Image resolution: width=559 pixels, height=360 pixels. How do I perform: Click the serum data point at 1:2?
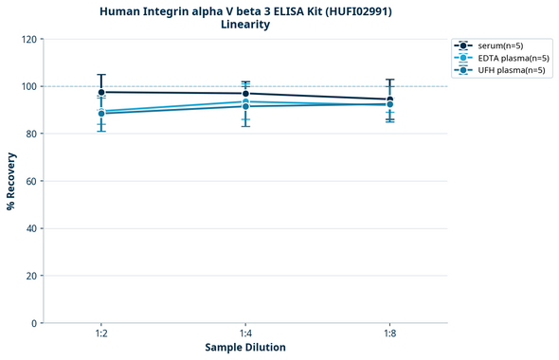[x=101, y=92]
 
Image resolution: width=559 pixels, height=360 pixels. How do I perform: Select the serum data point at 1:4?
[x=245, y=93]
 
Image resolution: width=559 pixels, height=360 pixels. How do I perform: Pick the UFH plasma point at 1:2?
[x=101, y=114]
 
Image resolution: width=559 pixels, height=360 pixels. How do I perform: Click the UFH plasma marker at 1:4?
[x=245, y=106]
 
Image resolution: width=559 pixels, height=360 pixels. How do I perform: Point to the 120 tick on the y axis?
[x=28, y=39]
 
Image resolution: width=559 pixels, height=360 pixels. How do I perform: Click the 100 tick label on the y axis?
[x=28, y=86]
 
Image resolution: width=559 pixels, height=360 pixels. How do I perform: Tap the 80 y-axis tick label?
[x=31, y=134]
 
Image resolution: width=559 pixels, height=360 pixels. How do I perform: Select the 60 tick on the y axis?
[x=31, y=181]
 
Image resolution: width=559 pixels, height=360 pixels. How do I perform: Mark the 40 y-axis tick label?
[x=31, y=228]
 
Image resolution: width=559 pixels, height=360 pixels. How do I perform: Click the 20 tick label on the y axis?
[x=31, y=276]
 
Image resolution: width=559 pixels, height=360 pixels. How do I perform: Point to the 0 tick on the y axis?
[x=34, y=323]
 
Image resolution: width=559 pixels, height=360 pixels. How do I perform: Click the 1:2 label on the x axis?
[x=101, y=334]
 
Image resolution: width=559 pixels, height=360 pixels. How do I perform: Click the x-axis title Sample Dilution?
[x=245, y=348]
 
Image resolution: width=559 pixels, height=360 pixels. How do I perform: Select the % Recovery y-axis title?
[x=11, y=181]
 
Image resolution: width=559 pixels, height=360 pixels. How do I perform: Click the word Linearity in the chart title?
[x=245, y=25]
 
